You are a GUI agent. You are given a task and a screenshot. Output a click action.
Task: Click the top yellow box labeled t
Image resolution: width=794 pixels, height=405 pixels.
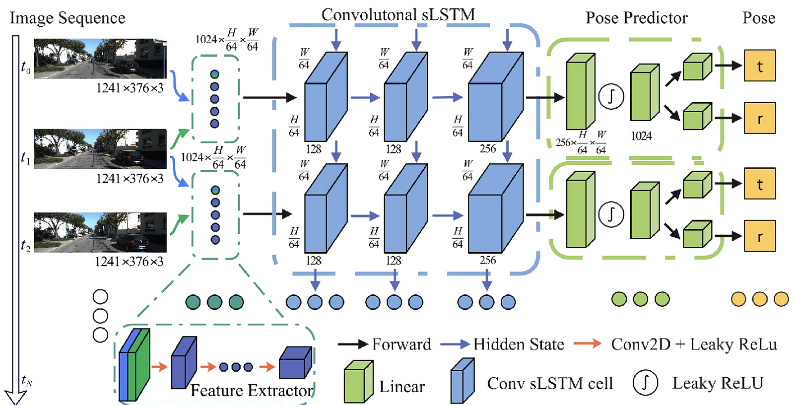(x=759, y=66)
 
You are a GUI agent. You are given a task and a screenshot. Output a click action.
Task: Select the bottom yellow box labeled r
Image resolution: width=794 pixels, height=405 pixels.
(x=759, y=236)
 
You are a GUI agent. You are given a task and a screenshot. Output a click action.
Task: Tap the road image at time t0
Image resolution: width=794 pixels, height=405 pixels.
(x=100, y=59)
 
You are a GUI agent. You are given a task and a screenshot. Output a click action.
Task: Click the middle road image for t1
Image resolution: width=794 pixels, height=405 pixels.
(x=100, y=149)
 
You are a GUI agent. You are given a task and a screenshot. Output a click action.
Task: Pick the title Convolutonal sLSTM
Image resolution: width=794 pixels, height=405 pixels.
(x=398, y=14)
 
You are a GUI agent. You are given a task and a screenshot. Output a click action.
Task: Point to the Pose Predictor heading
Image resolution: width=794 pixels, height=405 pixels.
(x=637, y=18)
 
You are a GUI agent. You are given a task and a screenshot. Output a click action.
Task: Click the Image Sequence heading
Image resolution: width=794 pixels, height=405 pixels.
(x=67, y=18)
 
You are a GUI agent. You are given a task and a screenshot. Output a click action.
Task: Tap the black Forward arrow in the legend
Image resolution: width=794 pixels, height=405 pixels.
(x=352, y=344)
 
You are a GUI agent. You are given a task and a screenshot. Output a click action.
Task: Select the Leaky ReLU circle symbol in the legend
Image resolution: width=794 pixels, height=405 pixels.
(x=645, y=383)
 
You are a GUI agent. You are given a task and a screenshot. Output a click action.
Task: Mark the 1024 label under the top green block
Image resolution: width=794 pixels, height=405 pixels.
(x=641, y=136)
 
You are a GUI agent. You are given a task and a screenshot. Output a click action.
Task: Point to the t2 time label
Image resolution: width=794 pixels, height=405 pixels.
(x=25, y=245)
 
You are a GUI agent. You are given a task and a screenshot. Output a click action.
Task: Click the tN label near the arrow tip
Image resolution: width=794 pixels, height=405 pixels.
(x=27, y=381)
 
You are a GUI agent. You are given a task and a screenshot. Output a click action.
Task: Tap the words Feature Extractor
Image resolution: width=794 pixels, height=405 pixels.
(x=252, y=391)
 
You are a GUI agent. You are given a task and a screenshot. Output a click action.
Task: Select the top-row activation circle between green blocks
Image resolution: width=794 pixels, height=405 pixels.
(x=611, y=96)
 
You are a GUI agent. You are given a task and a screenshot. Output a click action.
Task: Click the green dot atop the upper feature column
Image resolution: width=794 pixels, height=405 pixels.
(x=214, y=74)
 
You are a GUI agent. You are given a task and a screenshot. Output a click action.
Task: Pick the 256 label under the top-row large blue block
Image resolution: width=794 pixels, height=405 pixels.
(x=487, y=148)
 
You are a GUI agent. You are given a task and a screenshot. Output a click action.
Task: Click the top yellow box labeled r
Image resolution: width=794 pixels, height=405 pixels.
(x=759, y=118)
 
